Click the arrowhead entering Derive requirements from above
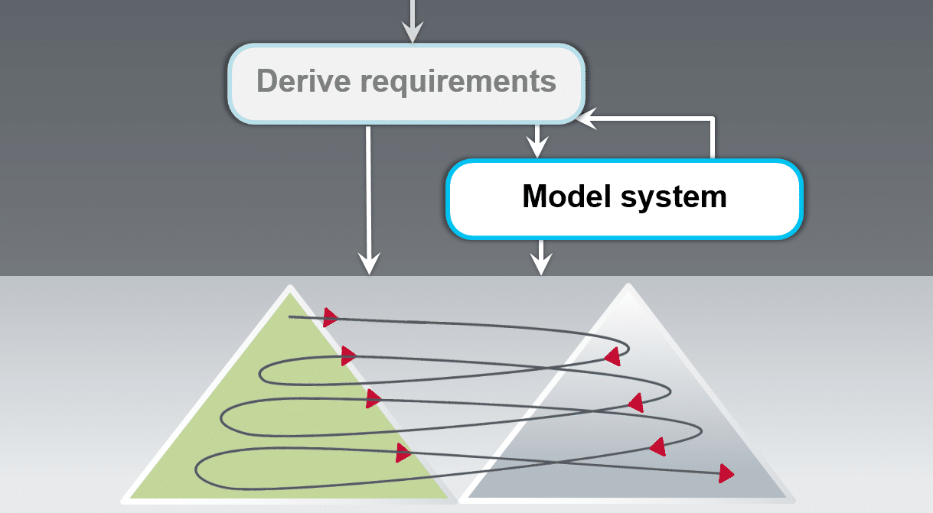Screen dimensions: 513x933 tap(413, 34)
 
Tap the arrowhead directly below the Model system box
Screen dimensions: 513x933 tap(541, 265)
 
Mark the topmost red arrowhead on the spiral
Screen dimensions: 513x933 tap(331, 317)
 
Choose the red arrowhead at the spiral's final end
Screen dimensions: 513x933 tap(726, 473)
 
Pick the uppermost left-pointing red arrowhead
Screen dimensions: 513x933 tap(612, 356)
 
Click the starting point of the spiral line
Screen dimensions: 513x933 tap(289, 317)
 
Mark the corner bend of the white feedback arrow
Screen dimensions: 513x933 tap(713, 119)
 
